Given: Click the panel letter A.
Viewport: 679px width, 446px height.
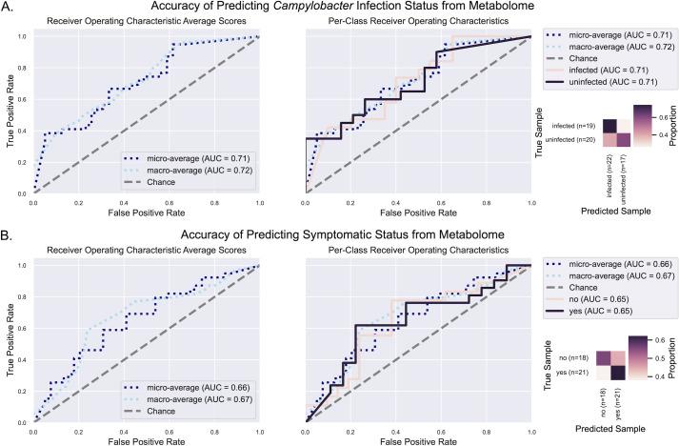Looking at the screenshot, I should coord(8,9).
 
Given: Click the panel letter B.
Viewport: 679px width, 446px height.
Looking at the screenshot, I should coord(8,233).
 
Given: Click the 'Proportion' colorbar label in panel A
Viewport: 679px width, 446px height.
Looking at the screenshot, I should coord(671,130).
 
